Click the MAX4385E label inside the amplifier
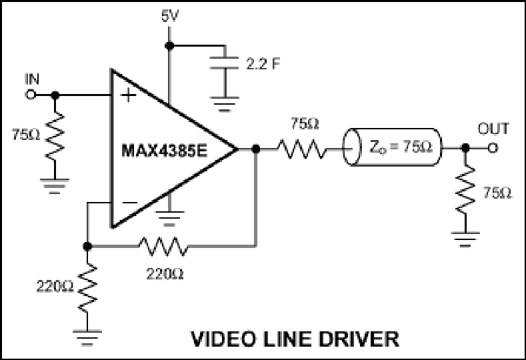pos(165,150)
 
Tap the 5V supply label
pos(170,16)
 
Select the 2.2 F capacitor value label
pos(263,64)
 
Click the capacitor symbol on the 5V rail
pos(224,63)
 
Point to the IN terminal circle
pos(31,95)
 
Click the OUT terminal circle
pos(492,147)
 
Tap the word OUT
pos(493,129)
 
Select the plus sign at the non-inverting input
pos(128,95)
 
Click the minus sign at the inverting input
pos(129,202)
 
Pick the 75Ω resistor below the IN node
pos(55,136)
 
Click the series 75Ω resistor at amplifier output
pos(301,149)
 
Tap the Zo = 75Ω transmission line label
pos(401,147)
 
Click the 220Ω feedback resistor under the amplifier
pos(163,246)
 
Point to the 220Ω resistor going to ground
pos(87,288)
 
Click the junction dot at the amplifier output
pos(255,149)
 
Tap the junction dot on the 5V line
pos(169,45)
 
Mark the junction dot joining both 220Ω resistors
pos(87,246)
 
